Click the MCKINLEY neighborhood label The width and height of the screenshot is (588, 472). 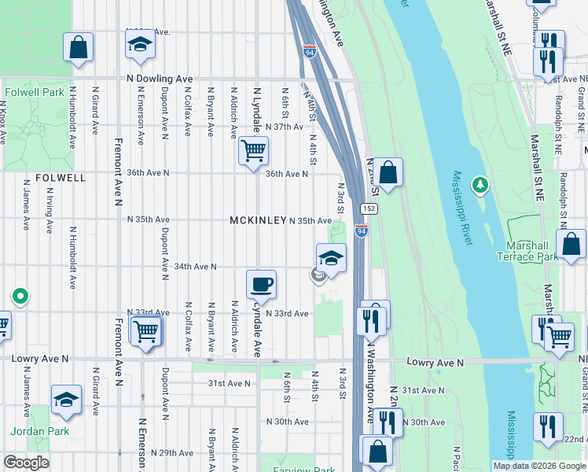pyautogui.click(x=257, y=221)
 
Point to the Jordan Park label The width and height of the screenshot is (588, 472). pyautogui.click(x=39, y=431)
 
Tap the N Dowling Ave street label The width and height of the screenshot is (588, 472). pyautogui.click(x=160, y=79)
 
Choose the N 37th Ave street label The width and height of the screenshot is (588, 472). pyautogui.click(x=284, y=127)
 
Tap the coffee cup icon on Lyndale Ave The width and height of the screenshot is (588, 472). pyautogui.click(x=261, y=285)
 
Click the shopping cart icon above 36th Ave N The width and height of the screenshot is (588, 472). pyautogui.click(x=252, y=149)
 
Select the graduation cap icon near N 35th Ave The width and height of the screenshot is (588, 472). pyautogui.click(x=331, y=258)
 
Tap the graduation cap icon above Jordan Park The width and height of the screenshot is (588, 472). pyautogui.click(x=67, y=400)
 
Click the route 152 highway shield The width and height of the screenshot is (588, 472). pyautogui.click(x=368, y=208)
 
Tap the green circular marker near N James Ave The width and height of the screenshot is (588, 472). pyautogui.click(x=20, y=297)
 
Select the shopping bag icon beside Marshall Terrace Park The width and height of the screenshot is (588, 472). pyautogui.click(x=571, y=245)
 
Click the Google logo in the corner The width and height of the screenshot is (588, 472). pyautogui.click(x=26, y=463)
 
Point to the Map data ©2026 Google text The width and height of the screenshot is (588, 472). pyautogui.click(x=538, y=466)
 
